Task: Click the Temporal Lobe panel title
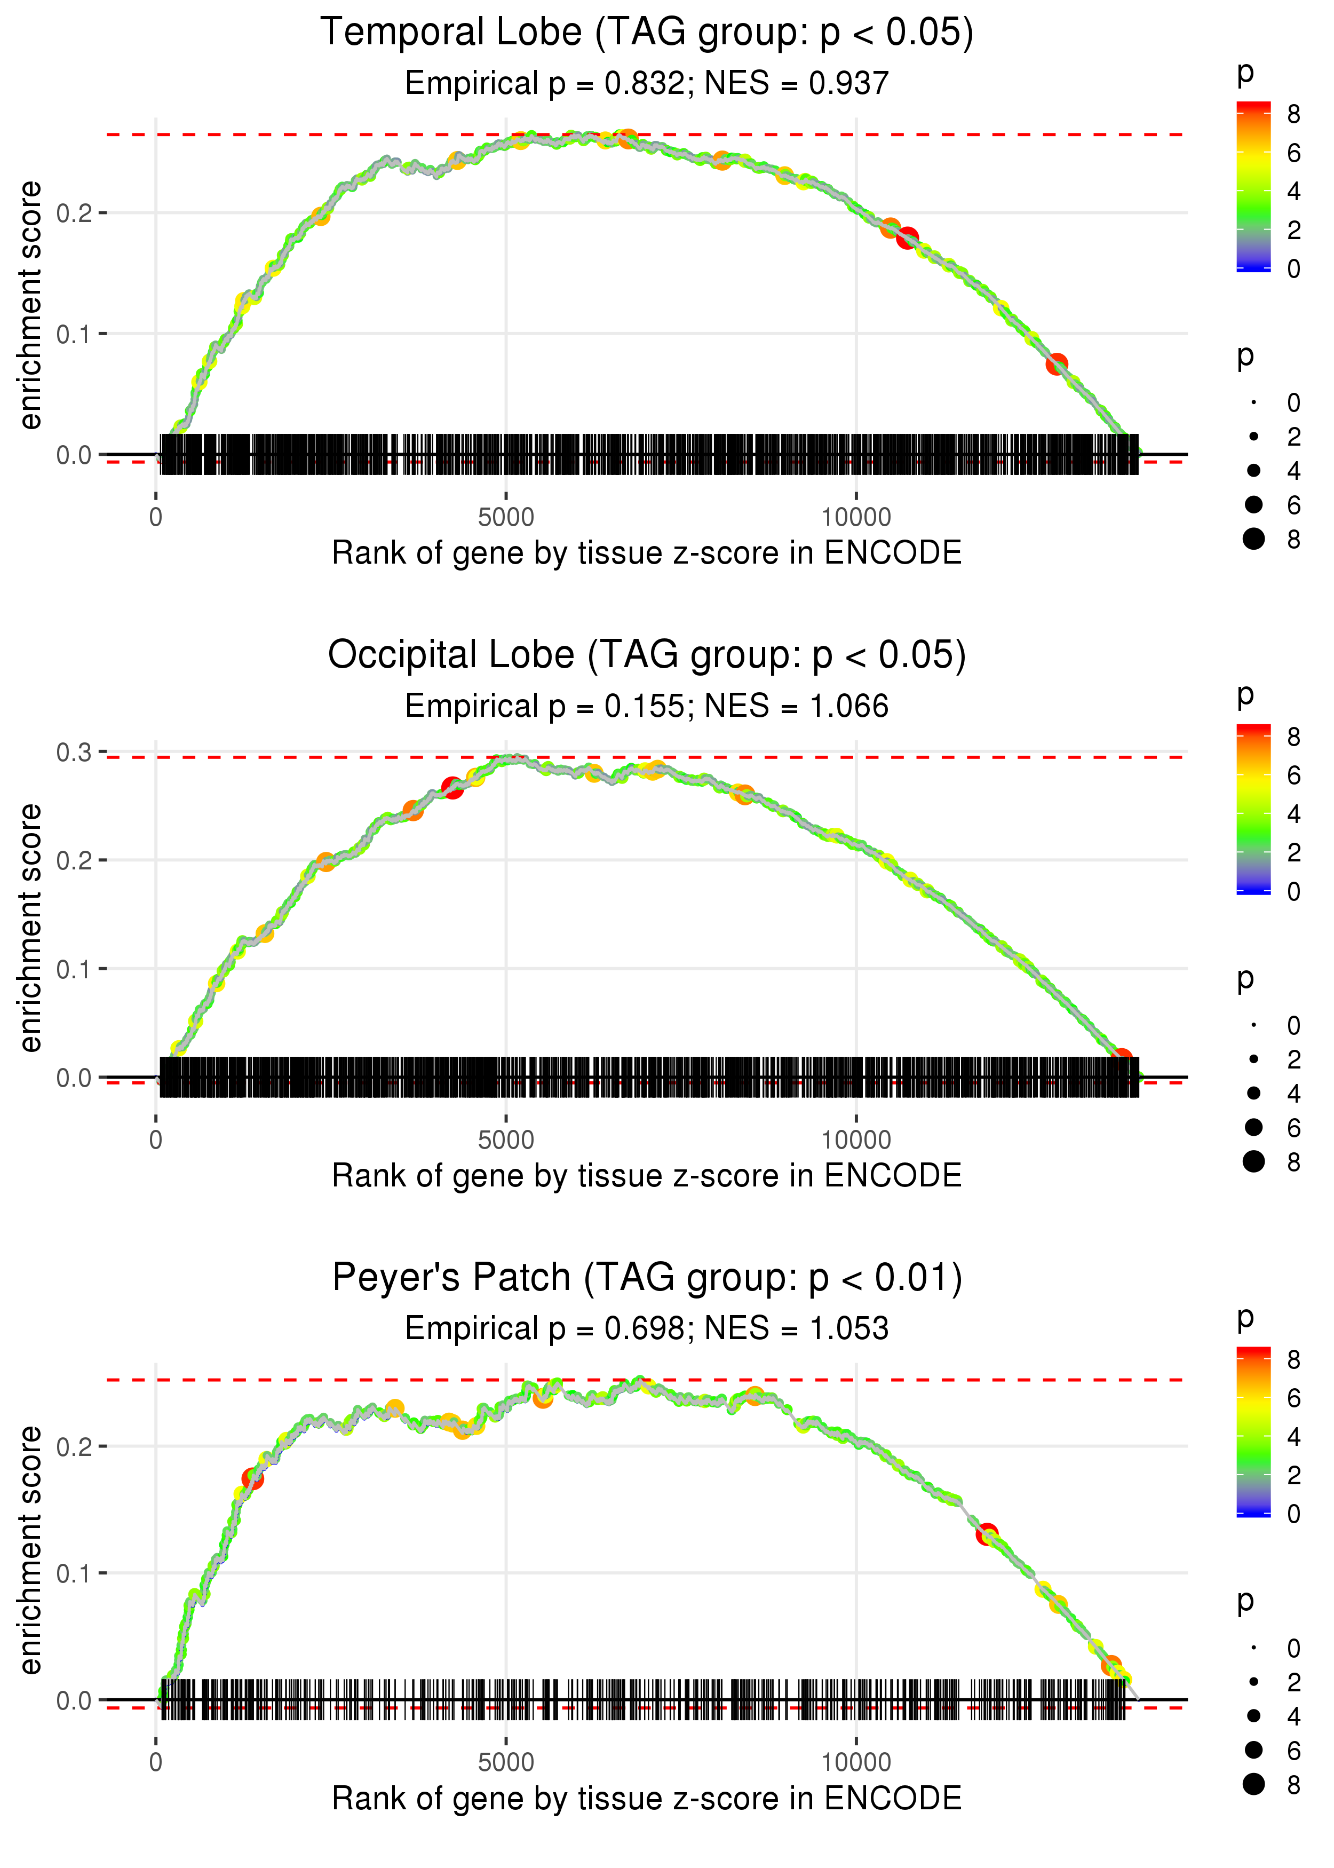click(647, 33)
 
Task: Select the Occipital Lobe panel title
click(647, 655)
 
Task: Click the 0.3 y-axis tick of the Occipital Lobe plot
click(74, 753)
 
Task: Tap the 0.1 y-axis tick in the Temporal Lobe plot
click(74, 334)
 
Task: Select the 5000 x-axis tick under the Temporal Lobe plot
click(506, 518)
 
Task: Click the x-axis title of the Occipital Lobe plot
click(647, 1176)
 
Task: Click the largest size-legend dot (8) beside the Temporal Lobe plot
click(1253, 539)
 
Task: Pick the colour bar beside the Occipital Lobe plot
click(1253, 809)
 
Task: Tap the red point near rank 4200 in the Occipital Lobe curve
click(452, 787)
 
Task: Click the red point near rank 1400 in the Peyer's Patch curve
click(253, 1478)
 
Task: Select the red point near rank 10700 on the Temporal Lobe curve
click(907, 238)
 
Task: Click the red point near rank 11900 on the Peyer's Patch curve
click(987, 1534)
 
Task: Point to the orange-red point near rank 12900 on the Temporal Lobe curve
click(1057, 363)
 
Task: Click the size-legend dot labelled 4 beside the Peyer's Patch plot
click(1253, 1716)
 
